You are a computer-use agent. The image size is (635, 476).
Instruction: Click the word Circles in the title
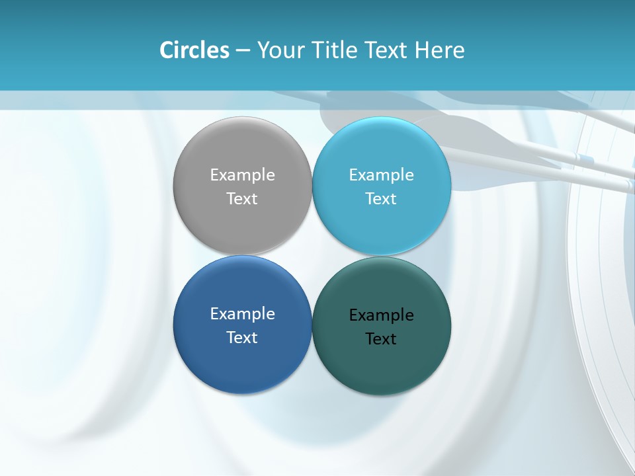pyautogui.click(x=194, y=50)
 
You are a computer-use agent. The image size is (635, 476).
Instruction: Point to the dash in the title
pyautogui.click(x=243, y=51)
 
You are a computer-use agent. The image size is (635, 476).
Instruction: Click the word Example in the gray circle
pyautogui.click(x=242, y=175)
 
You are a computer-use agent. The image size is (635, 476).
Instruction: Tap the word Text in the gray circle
pyautogui.click(x=242, y=198)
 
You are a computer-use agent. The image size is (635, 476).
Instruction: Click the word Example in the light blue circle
pyautogui.click(x=381, y=175)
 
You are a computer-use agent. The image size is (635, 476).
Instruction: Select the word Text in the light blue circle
pyautogui.click(x=381, y=198)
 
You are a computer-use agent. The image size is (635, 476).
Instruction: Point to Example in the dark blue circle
pyautogui.click(x=242, y=313)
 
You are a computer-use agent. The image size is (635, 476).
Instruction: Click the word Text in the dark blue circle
pyautogui.click(x=242, y=337)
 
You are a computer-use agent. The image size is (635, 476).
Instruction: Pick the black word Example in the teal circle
pyautogui.click(x=381, y=315)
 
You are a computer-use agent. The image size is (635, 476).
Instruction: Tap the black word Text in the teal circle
pyautogui.click(x=381, y=338)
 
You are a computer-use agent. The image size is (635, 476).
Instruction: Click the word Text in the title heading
pyautogui.click(x=387, y=50)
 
